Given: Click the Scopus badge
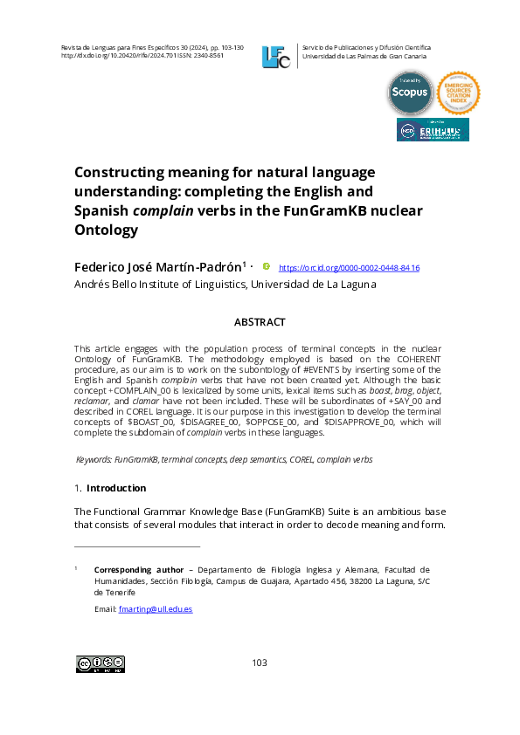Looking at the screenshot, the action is [x=410, y=93].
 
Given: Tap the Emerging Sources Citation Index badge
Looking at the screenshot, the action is [x=458, y=93].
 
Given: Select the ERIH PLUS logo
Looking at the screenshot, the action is [x=433, y=130].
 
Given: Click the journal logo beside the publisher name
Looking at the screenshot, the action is [x=276, y=56].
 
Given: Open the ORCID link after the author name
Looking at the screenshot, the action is [x=349, y=268].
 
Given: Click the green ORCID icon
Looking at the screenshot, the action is [x=267, y=266].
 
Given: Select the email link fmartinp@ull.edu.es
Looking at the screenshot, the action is [x=155, y=608].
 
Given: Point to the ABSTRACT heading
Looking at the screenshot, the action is [x=260, y=322].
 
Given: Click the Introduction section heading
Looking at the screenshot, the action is [x=116, y=488].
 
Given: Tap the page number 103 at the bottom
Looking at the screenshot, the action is [x=260, y=663].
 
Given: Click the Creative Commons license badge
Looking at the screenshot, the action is [x=101, y=664].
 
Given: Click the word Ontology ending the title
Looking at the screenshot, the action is [x=107, y=230].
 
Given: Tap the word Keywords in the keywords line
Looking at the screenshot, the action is [x=94, y=458].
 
